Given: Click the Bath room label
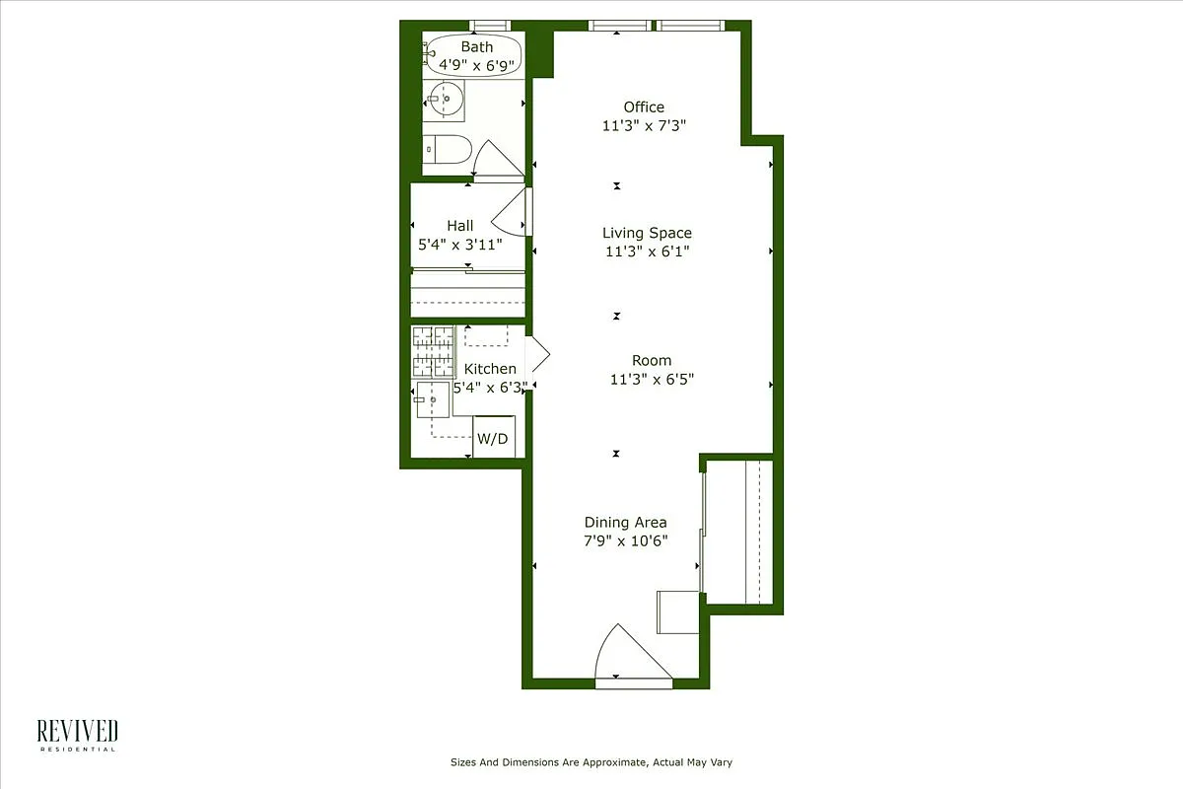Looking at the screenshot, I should (x=477, y=46).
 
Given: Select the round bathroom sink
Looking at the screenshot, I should (x=447, y=99).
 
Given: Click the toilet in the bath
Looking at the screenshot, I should (x=448, y=149).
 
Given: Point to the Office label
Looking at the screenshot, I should (x=644, y=107).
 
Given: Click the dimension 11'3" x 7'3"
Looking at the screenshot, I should (x=644, y=125).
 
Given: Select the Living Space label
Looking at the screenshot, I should (x=647, y=233).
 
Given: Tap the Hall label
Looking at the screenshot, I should (x=459, y=226).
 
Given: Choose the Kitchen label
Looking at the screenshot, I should (x=490, y=369).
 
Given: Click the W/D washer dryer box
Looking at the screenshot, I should (x=493, y=438).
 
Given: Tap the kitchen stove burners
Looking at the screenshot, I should (x=432, y=351).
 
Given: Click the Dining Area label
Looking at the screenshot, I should (x=625, y=522).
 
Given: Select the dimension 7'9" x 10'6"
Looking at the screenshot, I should (x=625, y=540).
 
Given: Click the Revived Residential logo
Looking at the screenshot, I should (x=78, y=735).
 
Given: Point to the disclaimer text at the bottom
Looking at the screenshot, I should (x=591, y=762).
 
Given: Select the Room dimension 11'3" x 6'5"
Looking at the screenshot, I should (x=652, y=379).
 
